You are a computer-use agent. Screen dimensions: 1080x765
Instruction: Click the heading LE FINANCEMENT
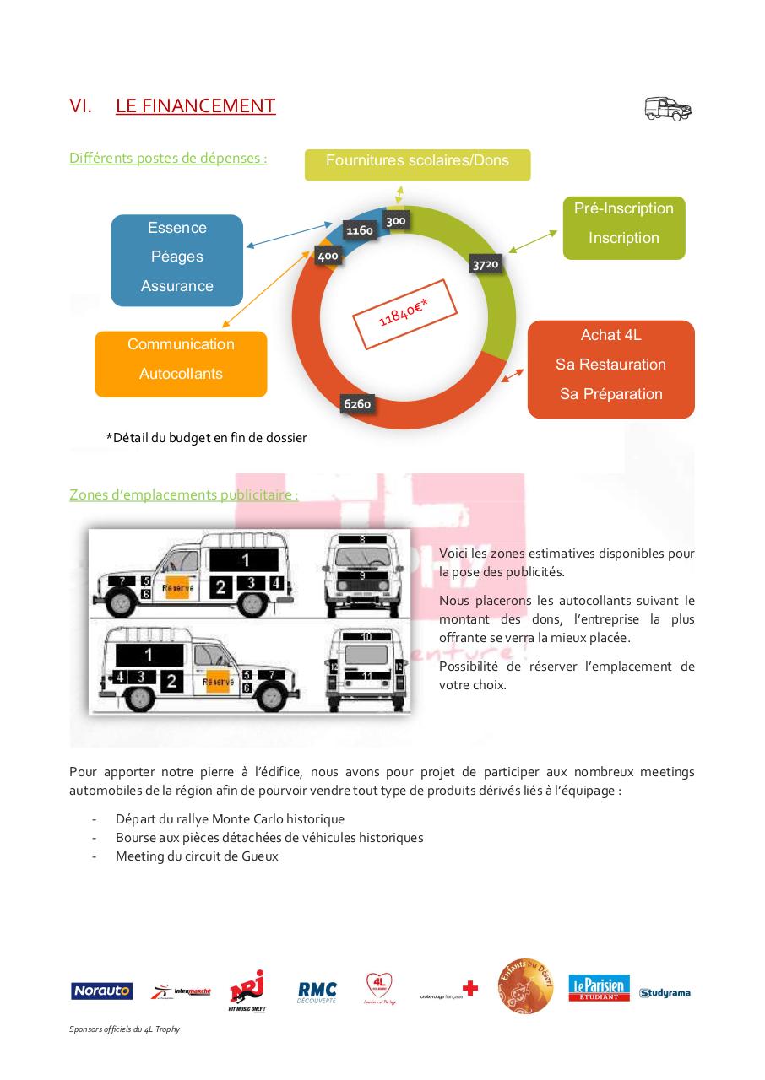coord(195,106)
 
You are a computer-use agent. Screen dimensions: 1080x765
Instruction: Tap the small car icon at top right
coord(668,109)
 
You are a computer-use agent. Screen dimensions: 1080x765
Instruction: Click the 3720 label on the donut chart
coord(486,265)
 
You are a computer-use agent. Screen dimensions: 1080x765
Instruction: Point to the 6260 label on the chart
coord(357,404)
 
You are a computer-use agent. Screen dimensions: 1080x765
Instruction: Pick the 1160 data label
coord(360,229)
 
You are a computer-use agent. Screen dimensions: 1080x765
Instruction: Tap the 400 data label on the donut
coord(328,256)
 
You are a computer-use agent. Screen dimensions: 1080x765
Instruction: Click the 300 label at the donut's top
coord(396,221)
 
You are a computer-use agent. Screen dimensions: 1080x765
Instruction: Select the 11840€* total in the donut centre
coord(404,311)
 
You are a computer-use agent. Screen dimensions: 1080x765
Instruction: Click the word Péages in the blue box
coord(176,256)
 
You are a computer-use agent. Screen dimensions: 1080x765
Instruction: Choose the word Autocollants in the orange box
coord(181,374)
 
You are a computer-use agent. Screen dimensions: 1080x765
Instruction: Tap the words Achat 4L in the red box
coord(610,335)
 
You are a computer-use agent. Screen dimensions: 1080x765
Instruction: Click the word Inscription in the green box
coord(623,238)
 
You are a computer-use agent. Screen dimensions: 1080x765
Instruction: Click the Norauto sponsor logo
coord(101,991)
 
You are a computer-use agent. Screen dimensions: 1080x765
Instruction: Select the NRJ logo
coord(247,990)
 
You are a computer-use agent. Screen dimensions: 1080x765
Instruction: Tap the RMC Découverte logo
coord(317,991)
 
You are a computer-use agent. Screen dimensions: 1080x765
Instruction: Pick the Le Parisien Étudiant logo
coord(599,988)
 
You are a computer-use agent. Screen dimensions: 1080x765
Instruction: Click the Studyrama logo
coord(665,993)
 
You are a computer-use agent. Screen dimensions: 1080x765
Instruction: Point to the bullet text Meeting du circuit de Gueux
coord(197,856)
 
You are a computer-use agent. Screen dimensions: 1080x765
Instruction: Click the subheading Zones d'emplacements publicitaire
coord(183,494)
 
